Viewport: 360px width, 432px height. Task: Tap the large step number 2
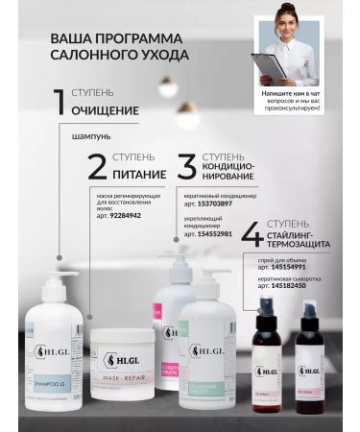click(97, 166)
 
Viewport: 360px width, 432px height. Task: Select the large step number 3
click(186, 166)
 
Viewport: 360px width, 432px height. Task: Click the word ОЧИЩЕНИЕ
click(105, 110)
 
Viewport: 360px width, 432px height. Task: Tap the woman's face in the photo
click(287, 20)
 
